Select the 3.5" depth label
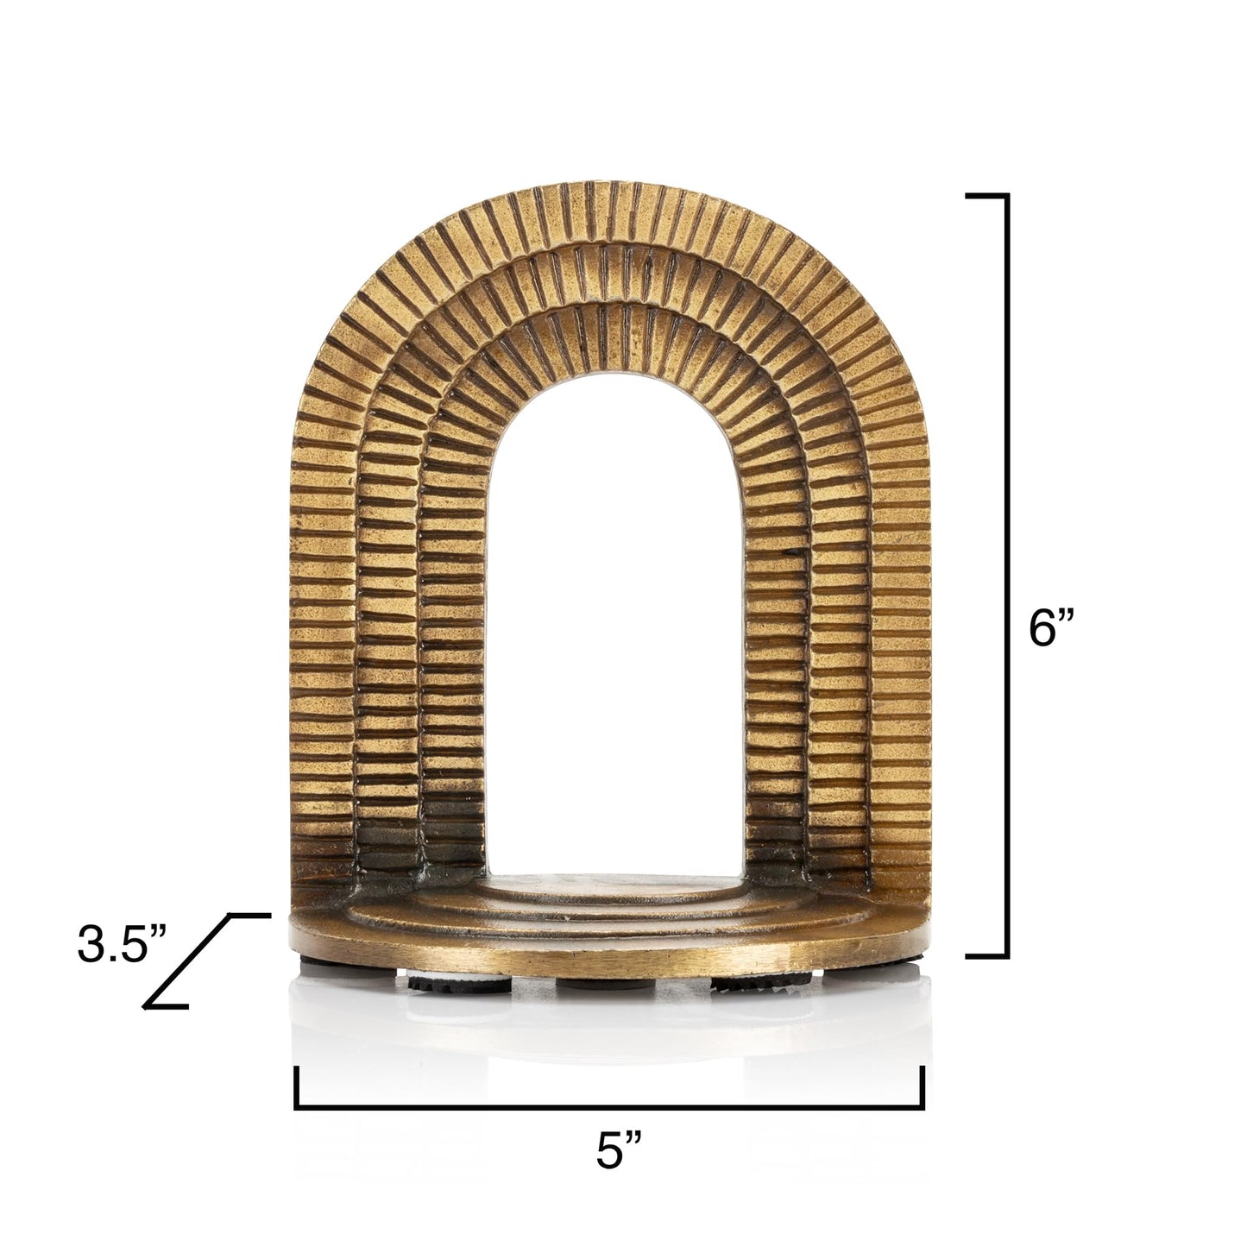tap(120, 945)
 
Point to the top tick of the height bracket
tap(986, 197)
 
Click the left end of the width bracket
tap(297, 1087)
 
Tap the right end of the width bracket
tap(923, 1087)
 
